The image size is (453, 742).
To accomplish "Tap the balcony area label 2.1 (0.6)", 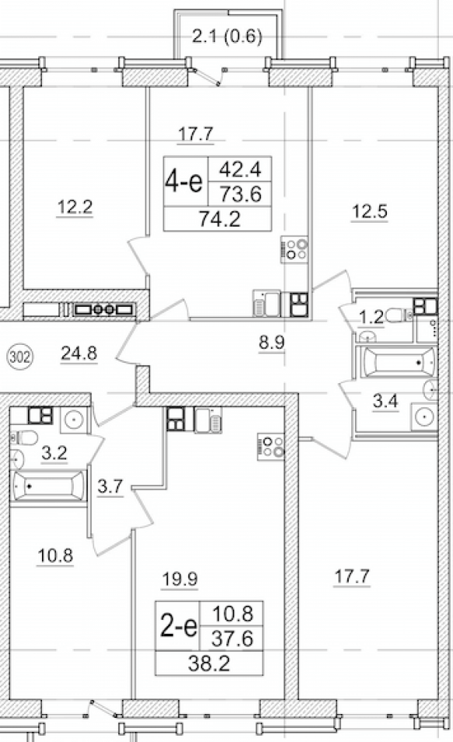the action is click(x=227, y=36).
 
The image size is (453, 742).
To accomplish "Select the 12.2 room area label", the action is click(x=75, y=207).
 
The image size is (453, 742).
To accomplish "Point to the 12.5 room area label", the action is click(x=369, y=211).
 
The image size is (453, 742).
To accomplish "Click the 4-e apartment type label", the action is click(x=184, y=181).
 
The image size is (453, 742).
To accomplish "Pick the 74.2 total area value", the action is click(x=219, y=219).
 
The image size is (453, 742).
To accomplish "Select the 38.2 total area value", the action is click(x=209, y=664).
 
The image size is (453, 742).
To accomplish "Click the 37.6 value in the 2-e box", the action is click(x=234, y=639).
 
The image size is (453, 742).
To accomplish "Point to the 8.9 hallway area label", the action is click(x=272, y=342).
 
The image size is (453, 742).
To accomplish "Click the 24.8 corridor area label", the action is click(x=79, y=353).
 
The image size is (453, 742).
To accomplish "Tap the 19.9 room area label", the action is click(x=179, y=578).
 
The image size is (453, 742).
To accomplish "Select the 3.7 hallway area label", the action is click(x=111, y=486).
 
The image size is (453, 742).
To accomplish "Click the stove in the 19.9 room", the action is click(x=272, y=446).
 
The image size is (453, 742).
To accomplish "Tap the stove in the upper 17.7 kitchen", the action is click(x=294, y=249).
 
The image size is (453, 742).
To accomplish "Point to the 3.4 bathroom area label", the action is click(x=385, y=402).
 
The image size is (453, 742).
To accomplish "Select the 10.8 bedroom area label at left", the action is click(x=55, y=554).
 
